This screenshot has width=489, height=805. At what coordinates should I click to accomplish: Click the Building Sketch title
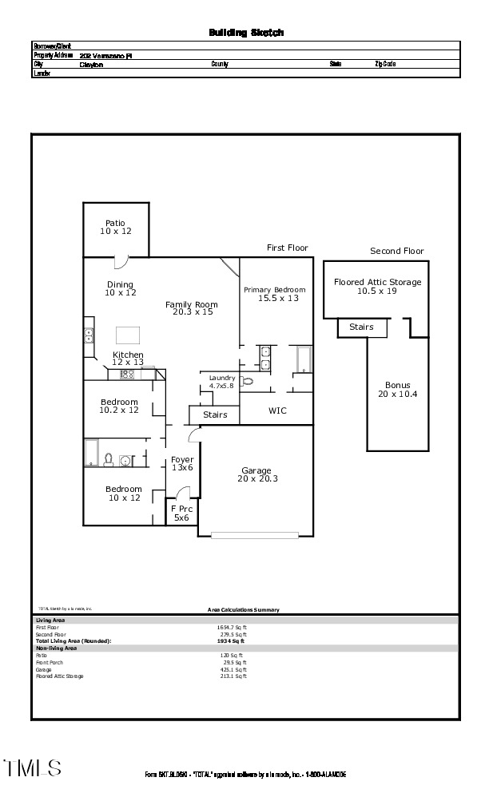tap(246, 33)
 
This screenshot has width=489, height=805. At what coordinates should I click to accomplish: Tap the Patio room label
tap(116, 227)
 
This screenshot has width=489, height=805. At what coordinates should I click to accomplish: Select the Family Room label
tap(192, 308)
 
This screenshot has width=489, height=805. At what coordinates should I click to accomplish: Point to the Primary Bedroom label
tap(275, 293)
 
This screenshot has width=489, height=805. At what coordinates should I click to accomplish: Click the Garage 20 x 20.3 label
tap(256, 474)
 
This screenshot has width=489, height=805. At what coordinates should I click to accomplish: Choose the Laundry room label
tap(221, 381)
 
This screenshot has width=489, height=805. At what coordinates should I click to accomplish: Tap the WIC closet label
tap(277, 410)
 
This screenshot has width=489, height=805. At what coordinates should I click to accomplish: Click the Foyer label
tap(182, 463)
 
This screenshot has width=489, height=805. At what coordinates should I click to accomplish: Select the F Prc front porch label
tap(181, 514)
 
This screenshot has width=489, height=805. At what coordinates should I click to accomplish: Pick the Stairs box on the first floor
tap(215, 414)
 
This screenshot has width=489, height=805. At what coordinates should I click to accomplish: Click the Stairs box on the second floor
tap(362, 327)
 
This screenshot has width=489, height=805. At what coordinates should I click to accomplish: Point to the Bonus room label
tap(397, 389)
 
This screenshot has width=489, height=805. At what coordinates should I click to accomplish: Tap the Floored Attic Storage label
tap(377, 286)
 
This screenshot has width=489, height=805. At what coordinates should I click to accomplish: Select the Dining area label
tap(121, 288)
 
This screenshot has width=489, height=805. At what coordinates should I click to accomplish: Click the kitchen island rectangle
tap(129, 335)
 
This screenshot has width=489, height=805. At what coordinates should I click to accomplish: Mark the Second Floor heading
tap(396, 251)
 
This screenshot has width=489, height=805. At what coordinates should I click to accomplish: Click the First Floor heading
tap(287, 248)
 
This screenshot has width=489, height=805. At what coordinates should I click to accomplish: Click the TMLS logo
tap(33, 768)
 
